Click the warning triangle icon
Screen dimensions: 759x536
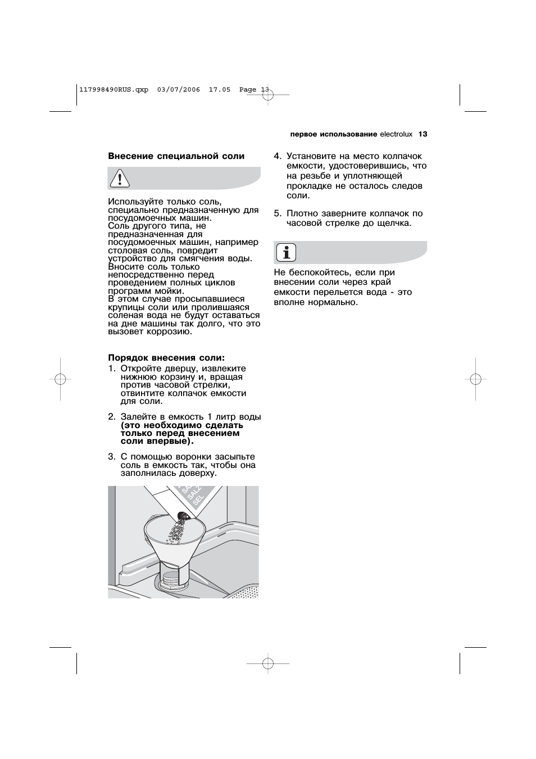120,178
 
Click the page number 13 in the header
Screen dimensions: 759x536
423,134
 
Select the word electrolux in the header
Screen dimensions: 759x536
396,134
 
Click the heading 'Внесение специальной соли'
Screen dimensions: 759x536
176,156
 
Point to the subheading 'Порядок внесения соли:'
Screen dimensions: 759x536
166,358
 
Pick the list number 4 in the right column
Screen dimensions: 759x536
277,156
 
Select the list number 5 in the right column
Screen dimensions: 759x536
277,213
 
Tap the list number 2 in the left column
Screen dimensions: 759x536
111,417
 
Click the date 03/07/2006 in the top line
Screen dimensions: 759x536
179,89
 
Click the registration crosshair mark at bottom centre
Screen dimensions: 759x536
268,663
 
